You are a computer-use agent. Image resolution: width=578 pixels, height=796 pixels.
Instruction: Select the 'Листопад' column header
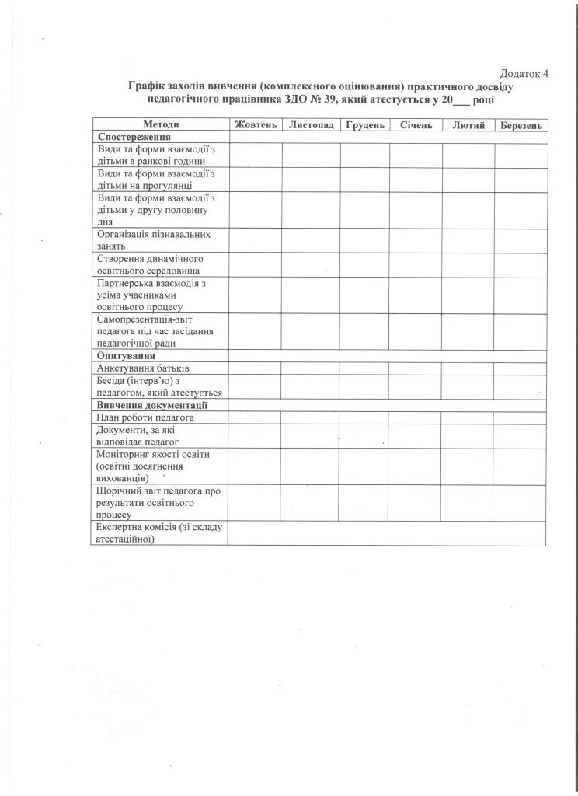311,125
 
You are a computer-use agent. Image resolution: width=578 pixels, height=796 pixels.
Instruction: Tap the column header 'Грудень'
365,125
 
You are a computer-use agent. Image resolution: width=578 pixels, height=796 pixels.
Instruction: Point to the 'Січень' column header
416,125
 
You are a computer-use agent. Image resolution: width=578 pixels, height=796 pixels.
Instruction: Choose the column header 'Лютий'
468,125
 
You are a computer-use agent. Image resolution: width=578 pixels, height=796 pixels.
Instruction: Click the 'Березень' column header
521,125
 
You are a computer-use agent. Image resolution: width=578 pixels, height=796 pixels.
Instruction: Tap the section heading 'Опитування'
123,355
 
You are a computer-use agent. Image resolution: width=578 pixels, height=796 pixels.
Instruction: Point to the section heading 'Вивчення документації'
151,405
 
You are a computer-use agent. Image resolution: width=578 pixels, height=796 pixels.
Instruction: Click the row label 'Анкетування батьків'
144,368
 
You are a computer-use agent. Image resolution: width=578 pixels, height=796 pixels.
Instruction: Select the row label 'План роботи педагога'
144,417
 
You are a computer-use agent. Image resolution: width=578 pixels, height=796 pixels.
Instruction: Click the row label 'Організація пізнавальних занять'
153,239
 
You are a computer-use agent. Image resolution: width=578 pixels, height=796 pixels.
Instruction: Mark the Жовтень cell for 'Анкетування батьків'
255,368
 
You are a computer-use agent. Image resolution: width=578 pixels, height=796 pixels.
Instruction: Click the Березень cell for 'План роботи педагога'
521,417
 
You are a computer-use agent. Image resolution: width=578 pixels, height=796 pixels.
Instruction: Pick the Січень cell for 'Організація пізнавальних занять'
416,239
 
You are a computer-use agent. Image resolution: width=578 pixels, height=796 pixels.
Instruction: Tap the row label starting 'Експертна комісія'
158,533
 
